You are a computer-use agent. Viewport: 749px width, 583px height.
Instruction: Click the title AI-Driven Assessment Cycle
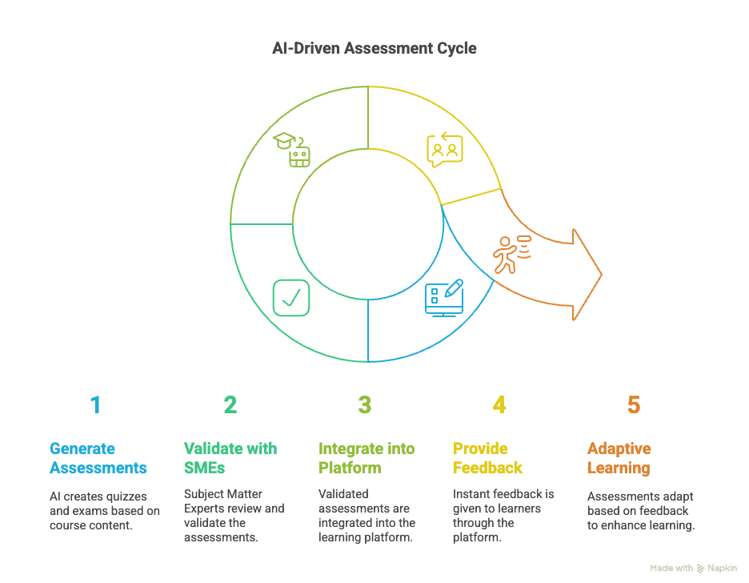374,49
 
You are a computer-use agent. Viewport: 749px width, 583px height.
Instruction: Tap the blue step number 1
96,405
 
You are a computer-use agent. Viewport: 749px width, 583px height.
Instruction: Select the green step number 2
230,405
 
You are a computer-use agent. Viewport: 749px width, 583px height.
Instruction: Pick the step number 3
365,405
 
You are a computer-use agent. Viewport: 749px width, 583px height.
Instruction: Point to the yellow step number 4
499,405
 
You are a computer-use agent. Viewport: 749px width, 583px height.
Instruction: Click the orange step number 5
634,405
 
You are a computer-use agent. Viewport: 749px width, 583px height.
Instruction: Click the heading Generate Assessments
98,458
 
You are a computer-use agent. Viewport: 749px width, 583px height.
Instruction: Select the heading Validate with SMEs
231,458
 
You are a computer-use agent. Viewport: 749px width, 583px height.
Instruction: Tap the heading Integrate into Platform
366,458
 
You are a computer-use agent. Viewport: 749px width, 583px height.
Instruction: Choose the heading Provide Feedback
487,458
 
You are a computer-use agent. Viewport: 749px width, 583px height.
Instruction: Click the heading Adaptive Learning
619,458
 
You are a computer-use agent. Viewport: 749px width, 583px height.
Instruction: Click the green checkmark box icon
291,297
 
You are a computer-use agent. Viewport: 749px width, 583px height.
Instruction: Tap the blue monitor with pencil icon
444,298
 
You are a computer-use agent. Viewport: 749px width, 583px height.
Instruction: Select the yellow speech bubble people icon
444,150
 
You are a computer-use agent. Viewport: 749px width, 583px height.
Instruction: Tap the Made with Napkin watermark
693,568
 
